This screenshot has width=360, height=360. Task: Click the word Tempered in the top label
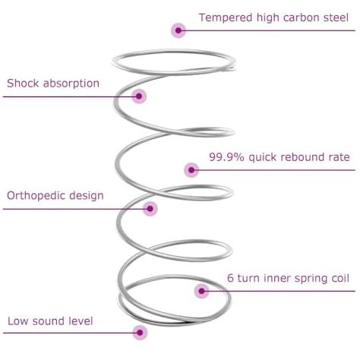click(226, 18)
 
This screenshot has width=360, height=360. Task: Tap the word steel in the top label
click(336, 17)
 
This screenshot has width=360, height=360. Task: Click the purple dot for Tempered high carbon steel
click(178, 30)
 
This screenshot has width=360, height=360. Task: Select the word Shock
click(23, 83)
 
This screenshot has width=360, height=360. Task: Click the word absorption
click(71, 84)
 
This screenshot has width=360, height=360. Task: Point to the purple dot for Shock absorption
click(139, 96)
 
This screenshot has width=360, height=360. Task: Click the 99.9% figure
click(226, 157)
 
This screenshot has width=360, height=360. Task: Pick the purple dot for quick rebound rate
click(191, 170)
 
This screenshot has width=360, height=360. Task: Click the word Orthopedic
click(36, 196)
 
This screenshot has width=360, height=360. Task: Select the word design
click(87, 196)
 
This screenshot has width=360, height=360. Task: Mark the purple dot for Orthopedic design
click(150, 209)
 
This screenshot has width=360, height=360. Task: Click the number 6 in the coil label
click(230, 278)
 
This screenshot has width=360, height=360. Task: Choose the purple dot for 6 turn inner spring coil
click(201, 291)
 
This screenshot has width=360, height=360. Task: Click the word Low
click(17, 321)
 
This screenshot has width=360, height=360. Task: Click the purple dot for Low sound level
click(140, 333)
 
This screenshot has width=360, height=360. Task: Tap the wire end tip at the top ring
click(233, 68)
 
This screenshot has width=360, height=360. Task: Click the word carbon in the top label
click(302, 17)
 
